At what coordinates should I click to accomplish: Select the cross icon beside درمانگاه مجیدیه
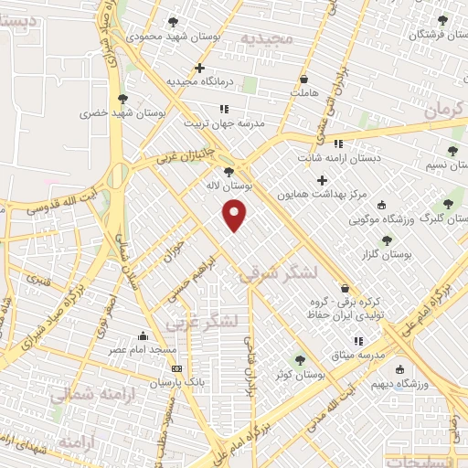pos(199,68)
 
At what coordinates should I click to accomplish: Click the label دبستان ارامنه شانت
pos(337,157)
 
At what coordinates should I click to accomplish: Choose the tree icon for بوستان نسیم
pos(452,151)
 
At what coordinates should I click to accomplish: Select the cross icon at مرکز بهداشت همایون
pos(322,180)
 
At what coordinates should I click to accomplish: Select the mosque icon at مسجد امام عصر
pos(142,335)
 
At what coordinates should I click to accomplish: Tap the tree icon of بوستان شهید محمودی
pos(173,22)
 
